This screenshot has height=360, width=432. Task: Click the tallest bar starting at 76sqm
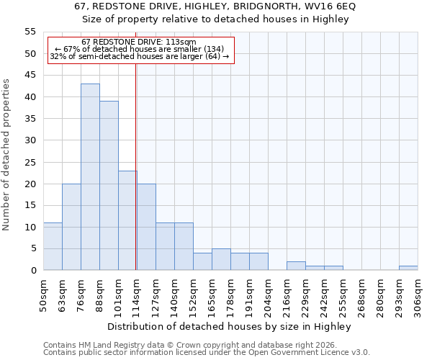(x=90, y=177)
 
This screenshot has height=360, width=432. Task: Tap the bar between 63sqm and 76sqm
(x=71, y=227)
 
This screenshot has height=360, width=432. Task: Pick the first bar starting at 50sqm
(x=53, y=246)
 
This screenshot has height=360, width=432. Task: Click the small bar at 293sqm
(x=408, y=268)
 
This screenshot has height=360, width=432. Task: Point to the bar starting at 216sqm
(x=296, y=266)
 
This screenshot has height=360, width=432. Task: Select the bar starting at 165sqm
(x=221, y=259)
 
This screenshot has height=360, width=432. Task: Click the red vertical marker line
(x=136, y=166)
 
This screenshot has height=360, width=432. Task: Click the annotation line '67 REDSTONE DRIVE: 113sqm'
(x=139, y=42)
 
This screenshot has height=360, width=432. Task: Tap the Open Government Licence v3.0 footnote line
(x=207, y=352)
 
